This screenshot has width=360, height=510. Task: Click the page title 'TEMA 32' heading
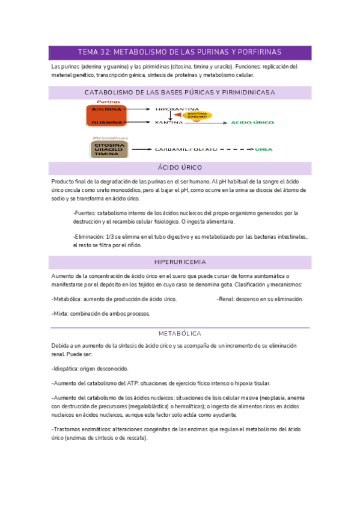coord(180,52)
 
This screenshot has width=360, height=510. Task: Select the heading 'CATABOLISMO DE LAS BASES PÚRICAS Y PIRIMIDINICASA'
coord(180,93)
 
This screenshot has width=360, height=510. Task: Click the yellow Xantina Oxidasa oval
coord(198,115)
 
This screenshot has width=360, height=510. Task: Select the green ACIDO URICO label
coord(252,122)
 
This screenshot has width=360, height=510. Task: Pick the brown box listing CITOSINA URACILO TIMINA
coord(109,149)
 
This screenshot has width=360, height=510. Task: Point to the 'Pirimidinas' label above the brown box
coord(106,138)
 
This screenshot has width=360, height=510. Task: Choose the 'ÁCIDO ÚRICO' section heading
coord(180,168)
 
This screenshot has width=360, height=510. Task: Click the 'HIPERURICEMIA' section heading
coord(180,262)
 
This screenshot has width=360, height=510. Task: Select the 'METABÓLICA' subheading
coord(180,333)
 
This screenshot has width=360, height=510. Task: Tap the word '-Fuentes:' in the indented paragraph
coord(84,213)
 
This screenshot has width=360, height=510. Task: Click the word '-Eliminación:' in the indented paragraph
coord(89,237)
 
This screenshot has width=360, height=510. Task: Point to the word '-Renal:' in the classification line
coord(226,299)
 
